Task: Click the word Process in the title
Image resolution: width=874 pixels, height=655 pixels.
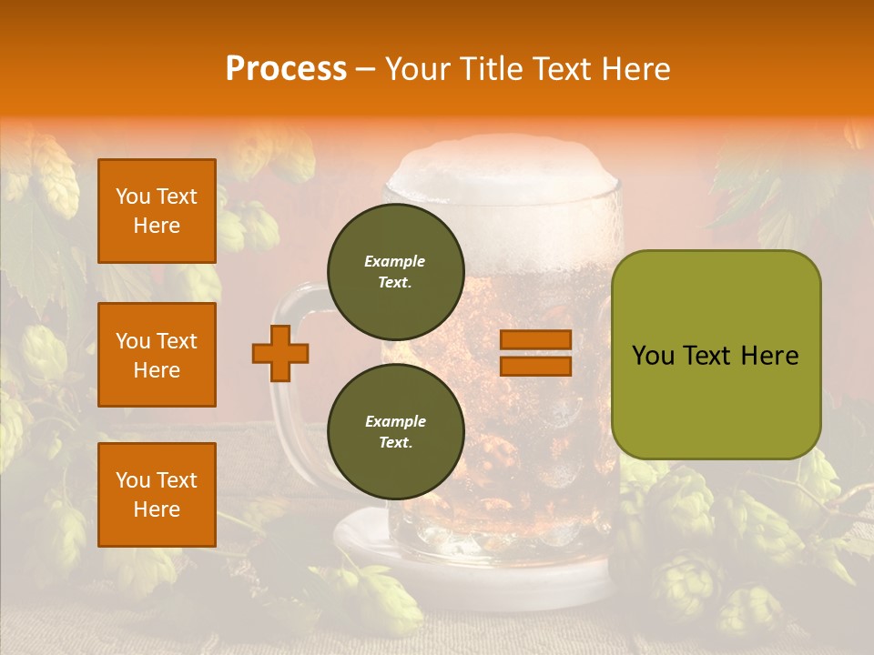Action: tap(286, 69)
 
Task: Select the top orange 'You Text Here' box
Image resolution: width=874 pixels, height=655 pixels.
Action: tap(157, 211)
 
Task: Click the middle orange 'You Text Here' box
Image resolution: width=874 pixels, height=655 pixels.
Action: tap(157, 355)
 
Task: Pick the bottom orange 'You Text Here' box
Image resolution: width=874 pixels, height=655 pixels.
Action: tap(157, 495)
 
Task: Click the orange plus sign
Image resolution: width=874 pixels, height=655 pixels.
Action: tap(280, 353)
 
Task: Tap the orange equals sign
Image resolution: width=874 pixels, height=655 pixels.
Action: tap(535, 353)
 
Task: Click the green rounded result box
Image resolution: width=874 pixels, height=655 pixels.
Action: tap(716, 355)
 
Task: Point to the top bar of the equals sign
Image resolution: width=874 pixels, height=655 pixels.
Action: tap(535, 340)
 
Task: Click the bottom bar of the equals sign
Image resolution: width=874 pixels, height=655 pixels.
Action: tap(535, 366)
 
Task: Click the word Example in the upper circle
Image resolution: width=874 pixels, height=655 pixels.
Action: tap(395, 261)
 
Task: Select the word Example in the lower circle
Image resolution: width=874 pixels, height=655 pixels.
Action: tap(395, 421)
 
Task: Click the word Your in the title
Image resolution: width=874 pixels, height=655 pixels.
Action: tap(420, 69)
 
